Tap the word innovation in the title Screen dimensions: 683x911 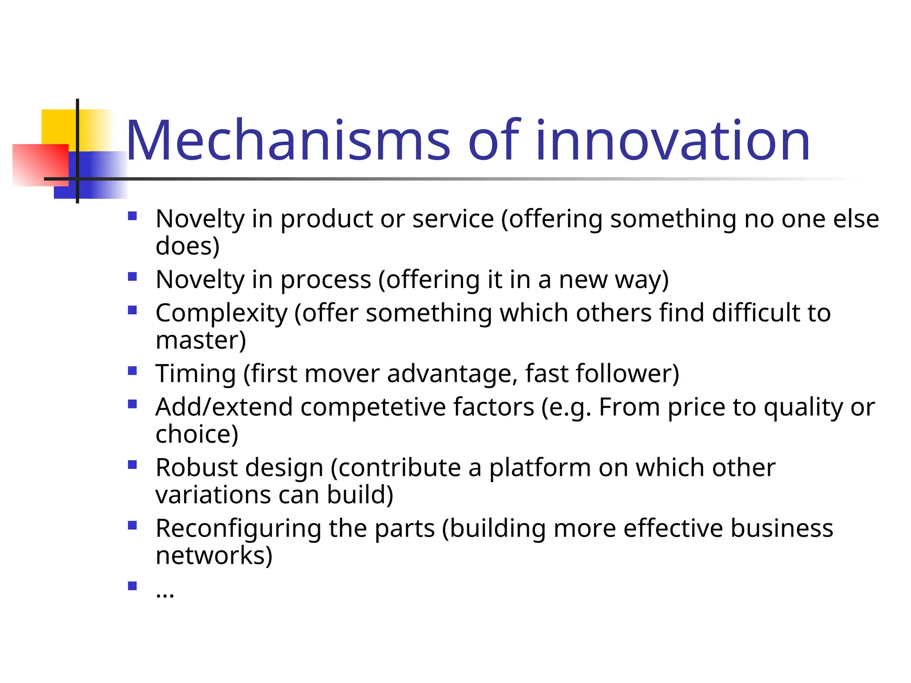(x=673, y=141)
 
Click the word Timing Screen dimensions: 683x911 (x=195, y=374)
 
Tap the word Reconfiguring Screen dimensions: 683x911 (x=238, y=529)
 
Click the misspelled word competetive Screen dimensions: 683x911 (x=417, y=407)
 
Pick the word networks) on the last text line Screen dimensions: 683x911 (x=214, y=555)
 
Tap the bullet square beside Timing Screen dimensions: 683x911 (x=132, y=371)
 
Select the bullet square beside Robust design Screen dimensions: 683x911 (x=132, y=465)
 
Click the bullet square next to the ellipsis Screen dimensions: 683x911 (x=132, y=586)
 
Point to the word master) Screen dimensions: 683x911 (x=201, y=341)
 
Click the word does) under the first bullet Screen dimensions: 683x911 (x=187, y=246)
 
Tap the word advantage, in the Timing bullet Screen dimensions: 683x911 (x=452, y=374)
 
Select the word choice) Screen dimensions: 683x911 (x=197, y=434)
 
